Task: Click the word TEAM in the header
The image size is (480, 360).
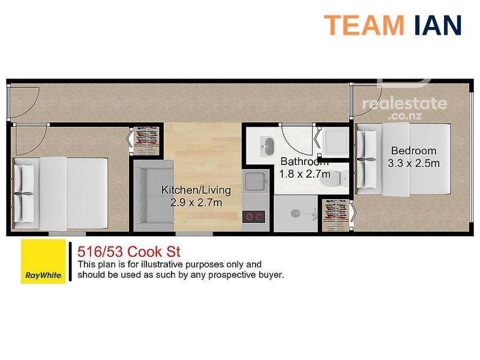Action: coord(364,25)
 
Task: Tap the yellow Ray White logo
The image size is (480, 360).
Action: coord(43,262)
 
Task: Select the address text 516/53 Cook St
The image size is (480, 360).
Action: coord(129,252)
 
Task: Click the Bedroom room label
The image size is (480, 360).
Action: coord(413,151)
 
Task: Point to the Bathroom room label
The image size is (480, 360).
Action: coord(304,161)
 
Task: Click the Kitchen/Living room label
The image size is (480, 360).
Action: coord(196,190)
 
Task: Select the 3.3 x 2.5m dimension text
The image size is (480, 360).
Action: coord(413,163)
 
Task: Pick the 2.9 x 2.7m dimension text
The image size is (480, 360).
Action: coord(196,203)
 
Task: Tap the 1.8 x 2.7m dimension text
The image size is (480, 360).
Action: coord(304,174)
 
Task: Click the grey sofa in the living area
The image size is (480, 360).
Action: coord(154,196)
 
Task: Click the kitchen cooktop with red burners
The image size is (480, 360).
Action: coord(253,217)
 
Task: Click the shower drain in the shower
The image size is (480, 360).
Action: coord(295,213)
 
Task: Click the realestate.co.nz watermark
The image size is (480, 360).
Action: coord(404,108)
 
